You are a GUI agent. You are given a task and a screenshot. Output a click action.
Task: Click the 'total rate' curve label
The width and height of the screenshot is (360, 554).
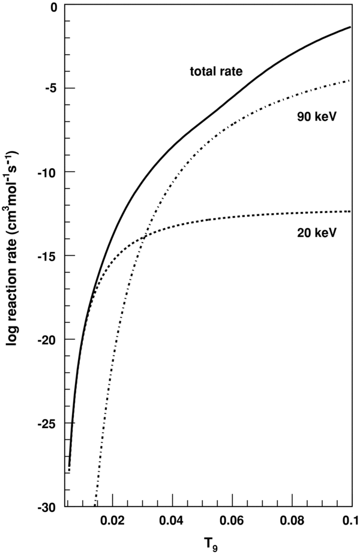click(217, 72)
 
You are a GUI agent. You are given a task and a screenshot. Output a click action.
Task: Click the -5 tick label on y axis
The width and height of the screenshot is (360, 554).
click(50, 88)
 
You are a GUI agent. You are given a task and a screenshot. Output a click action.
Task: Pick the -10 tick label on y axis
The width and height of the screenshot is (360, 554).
click(47, 172)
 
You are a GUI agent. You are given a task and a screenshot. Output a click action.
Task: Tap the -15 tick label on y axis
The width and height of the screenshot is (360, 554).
click(47, 256)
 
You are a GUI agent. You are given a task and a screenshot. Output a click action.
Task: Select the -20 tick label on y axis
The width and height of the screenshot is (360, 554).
click(47, 340)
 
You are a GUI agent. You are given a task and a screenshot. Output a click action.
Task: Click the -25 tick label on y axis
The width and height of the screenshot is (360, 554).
click(47, 424)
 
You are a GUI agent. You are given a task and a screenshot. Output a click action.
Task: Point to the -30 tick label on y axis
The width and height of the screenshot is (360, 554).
click(47, 507)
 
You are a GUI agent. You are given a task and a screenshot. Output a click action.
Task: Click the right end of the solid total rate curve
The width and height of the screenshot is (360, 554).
click(350, 27)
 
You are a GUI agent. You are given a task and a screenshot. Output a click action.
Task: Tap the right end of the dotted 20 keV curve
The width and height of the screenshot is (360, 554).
click(350, 211)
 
